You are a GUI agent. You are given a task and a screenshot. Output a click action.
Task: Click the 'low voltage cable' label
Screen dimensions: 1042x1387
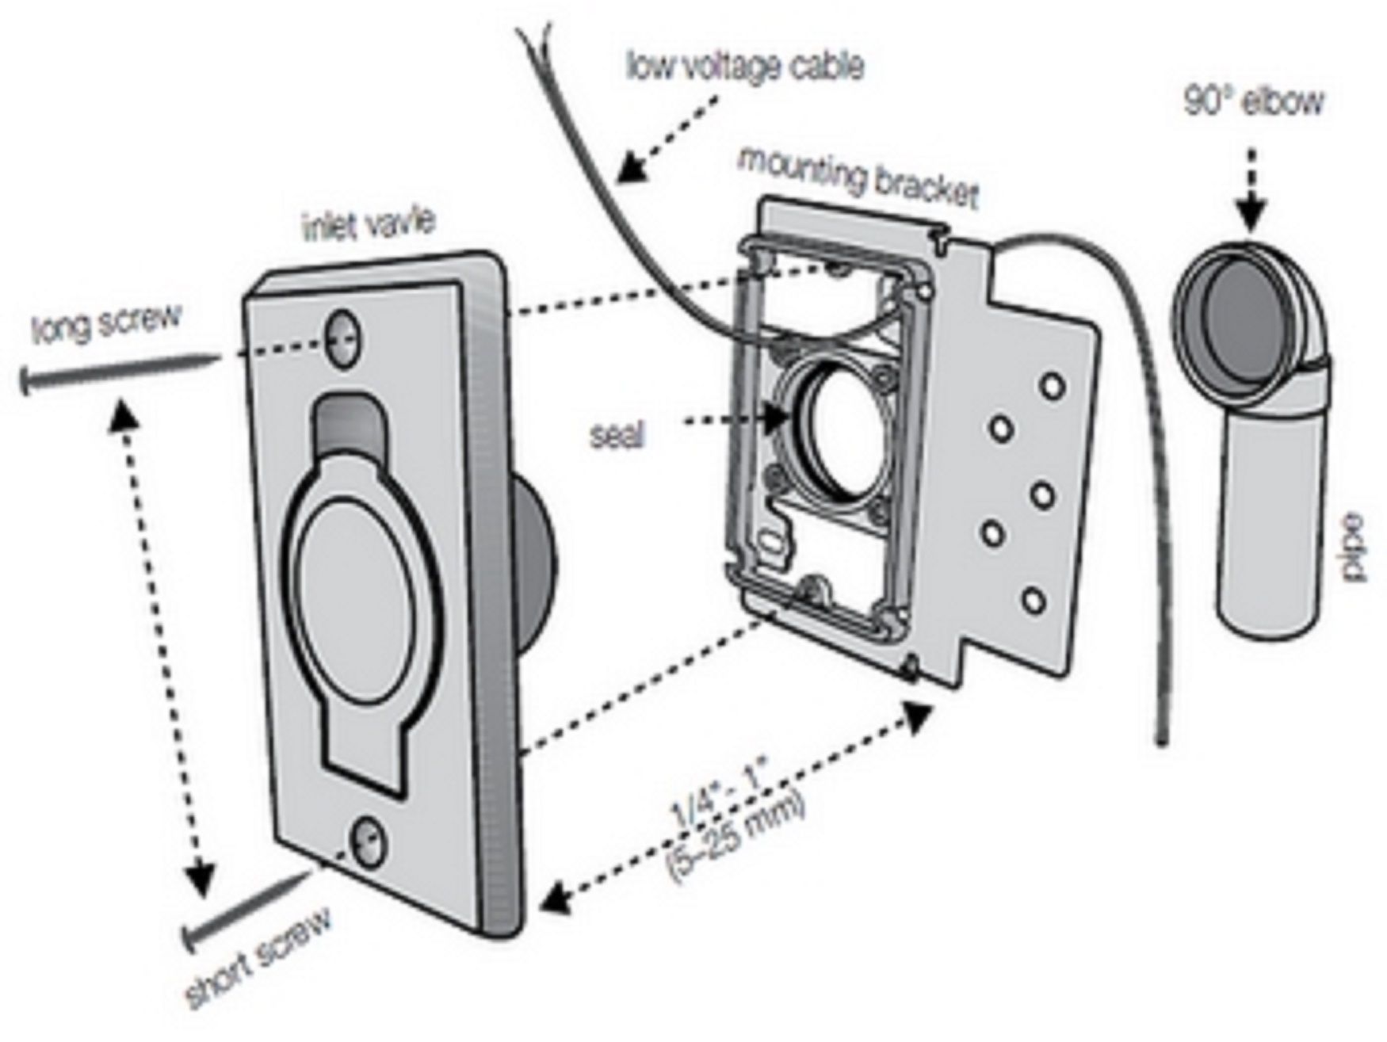[745, 67]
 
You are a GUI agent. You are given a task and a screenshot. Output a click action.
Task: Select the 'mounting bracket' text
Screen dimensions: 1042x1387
[858, 179]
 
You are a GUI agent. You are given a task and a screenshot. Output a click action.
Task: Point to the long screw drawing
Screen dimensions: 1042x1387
[119, 374]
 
